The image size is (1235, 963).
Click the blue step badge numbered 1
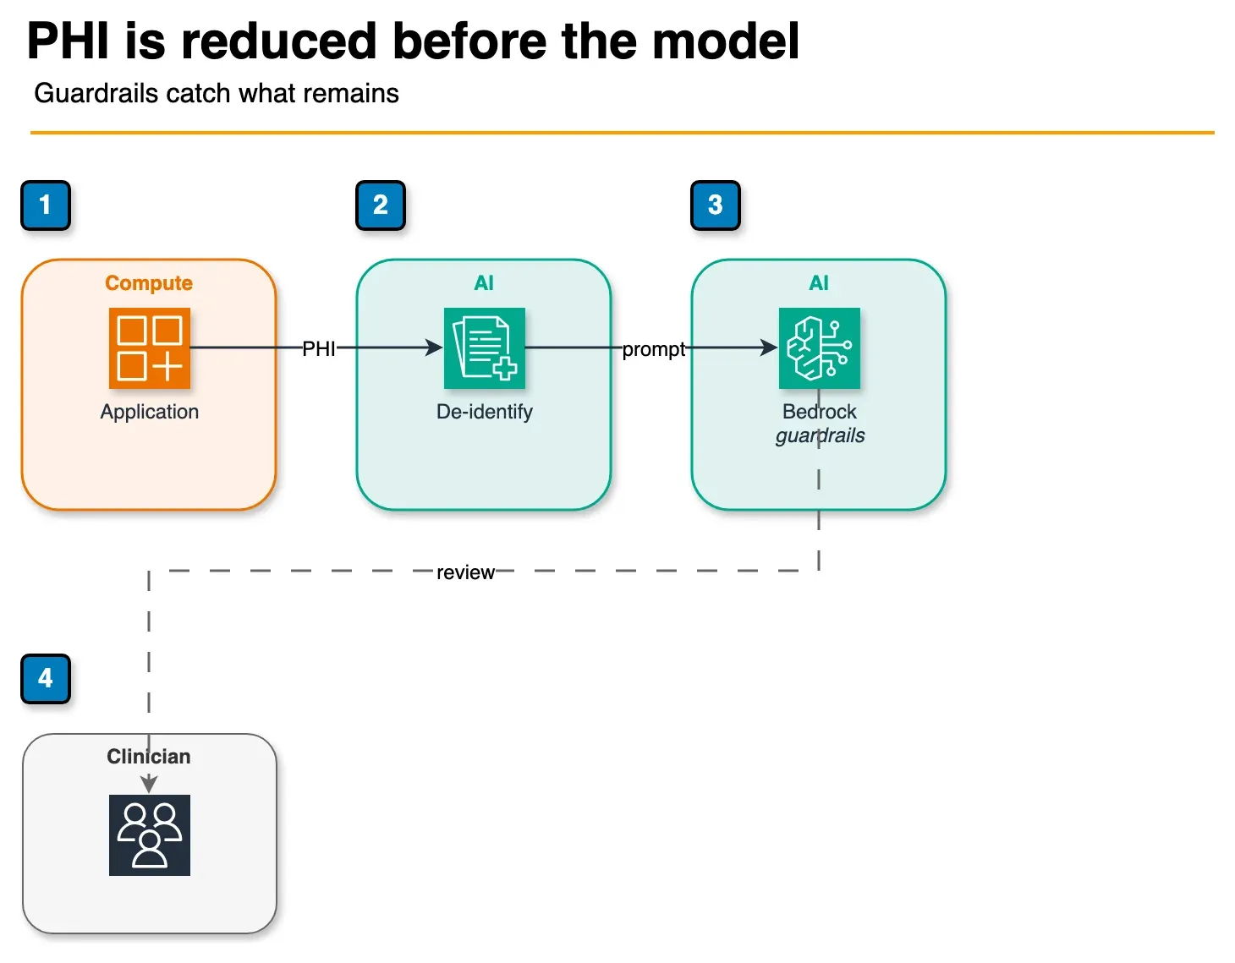tap(46, 205)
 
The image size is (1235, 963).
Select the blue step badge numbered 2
tap(380, 205)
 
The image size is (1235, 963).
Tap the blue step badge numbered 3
tap(715, 205)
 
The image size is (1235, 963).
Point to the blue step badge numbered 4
tap(46, 679)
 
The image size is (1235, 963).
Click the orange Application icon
tap(150, 348)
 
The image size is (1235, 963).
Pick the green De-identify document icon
tap(484, 348)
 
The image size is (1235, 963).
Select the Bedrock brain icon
tap(819, 348)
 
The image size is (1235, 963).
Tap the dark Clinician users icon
tap(150, 835)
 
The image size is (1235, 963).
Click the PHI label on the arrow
tap(318, 348)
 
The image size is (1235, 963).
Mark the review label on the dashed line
tap(465, 572)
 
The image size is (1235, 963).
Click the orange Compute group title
tap(149, 282)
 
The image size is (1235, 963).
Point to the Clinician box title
tap(149, 757)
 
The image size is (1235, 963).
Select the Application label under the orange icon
tap(150, 412)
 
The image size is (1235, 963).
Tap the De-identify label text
tap(484, 412)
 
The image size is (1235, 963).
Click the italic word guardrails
tap(821, 436)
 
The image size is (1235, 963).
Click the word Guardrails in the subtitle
tap(96, 93)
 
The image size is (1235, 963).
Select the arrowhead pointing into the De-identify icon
tap(435, 347)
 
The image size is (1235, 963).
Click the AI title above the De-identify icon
tap(484, 282)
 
